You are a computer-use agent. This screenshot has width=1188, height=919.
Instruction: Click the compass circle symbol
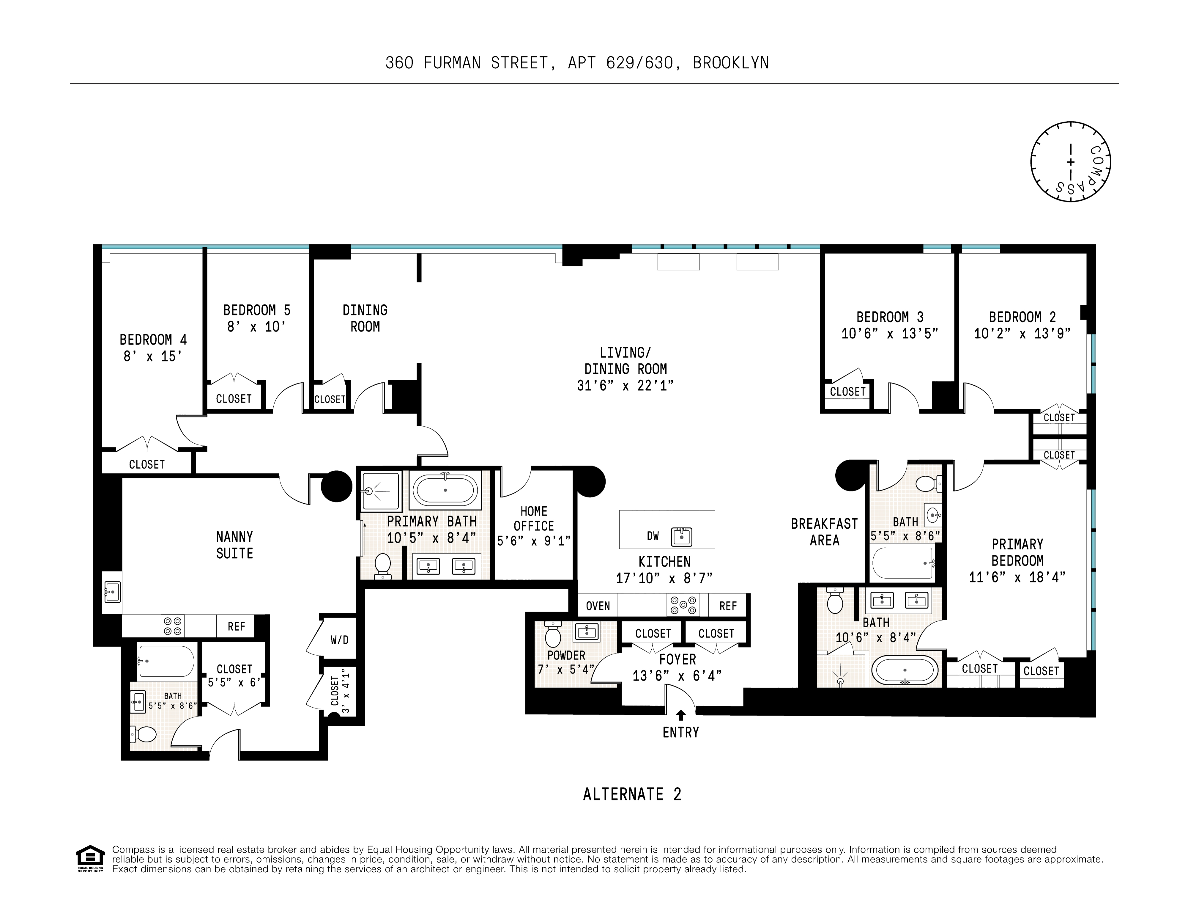[x=1070, y=162]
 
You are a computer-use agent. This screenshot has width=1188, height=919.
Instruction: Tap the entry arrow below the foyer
[x=680, y=716]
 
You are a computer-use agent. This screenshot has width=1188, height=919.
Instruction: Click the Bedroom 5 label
[x=257, y=310]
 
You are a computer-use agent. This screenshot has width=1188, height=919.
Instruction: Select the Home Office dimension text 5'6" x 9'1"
[x=534, y=541]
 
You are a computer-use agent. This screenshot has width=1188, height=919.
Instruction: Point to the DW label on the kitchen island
[x=653, y=536]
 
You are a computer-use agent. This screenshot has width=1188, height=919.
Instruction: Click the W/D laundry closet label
[x=339, y=640]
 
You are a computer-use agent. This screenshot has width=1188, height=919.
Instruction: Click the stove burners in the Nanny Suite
[x=172, y=626]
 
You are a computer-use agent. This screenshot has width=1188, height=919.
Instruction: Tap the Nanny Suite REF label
[x=236, y=626]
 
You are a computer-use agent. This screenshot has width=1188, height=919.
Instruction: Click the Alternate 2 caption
[x=631, y=794]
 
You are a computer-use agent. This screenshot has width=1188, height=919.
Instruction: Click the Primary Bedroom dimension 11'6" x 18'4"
[x=1017, y=577]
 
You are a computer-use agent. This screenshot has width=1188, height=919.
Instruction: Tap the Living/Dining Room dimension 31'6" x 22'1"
[x=625, y=385]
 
